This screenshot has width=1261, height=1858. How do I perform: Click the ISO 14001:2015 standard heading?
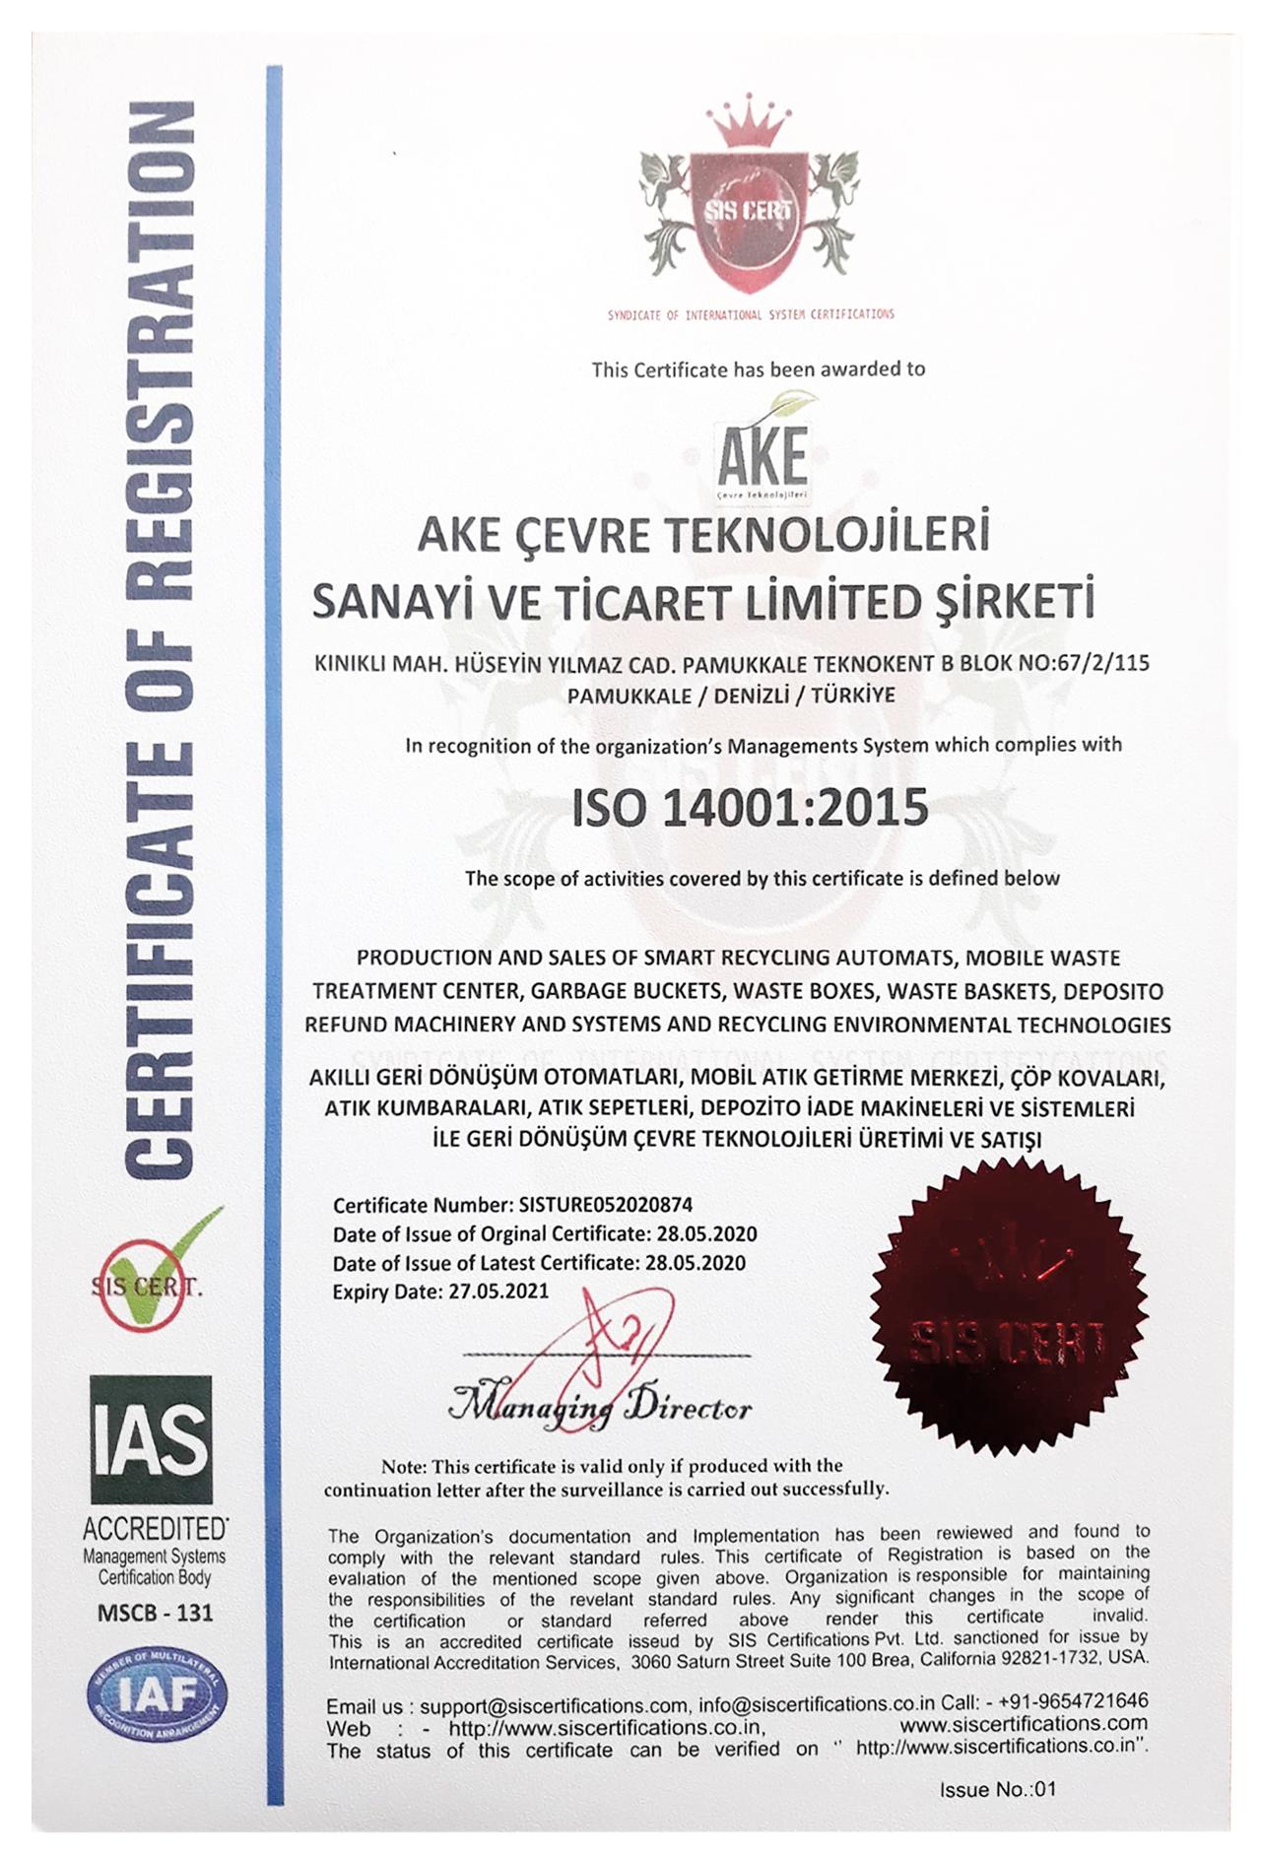click(x=751, y=807)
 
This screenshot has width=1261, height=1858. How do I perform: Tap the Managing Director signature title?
click(x=600, y=1405)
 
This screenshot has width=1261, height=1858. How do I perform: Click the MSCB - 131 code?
click(x=155, y=1614)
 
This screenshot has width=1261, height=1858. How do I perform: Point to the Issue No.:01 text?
click(x=997, y=1789)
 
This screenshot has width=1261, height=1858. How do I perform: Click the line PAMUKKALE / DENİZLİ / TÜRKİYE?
click(x=731, y=696)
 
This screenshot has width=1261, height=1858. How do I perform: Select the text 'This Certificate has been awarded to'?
click(x=759, y=369)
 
